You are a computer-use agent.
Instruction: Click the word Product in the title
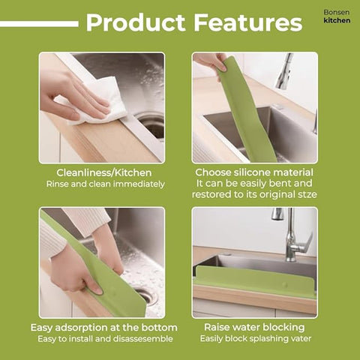[x=135, y=22]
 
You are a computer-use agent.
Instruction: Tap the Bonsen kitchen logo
[x=336, y=16]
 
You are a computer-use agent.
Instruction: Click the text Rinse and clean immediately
[x=105, y=184]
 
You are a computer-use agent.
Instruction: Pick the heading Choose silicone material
[x=254, y=172]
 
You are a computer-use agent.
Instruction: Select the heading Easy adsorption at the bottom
[x=104, y=328]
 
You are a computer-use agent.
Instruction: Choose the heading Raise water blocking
[x=254, y=328]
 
